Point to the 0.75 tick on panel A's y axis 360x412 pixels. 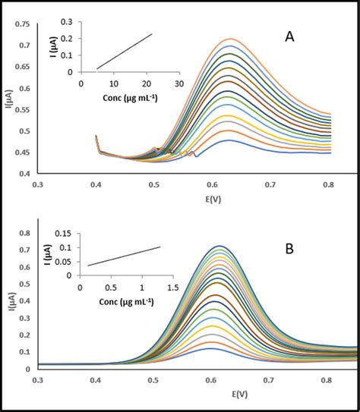23,25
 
